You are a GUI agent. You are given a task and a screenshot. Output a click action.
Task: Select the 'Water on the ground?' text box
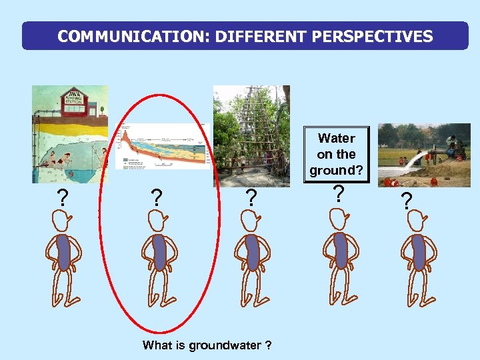(x=336, y=154)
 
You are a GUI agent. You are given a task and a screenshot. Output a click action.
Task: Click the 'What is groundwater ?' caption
(x=207, y=345)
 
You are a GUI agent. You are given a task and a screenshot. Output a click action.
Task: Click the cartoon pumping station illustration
(x=69, y=134)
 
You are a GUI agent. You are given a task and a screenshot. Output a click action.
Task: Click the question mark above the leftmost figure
(x=62, y=198)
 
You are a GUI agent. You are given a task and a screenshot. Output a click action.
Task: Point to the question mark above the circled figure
(x=156, y=198)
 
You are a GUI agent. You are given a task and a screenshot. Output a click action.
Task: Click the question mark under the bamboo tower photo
(x=250, y=198)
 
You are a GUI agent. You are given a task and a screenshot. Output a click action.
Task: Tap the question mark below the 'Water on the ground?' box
(x=338, y=194)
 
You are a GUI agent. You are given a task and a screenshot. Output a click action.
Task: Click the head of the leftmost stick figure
(x=62, y=219)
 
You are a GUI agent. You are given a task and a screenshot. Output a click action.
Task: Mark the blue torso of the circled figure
(x=158, y=252)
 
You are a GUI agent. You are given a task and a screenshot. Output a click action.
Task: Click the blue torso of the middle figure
(x=252, y=252)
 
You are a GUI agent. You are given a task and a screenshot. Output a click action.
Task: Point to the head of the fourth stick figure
(x=338, y=218)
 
